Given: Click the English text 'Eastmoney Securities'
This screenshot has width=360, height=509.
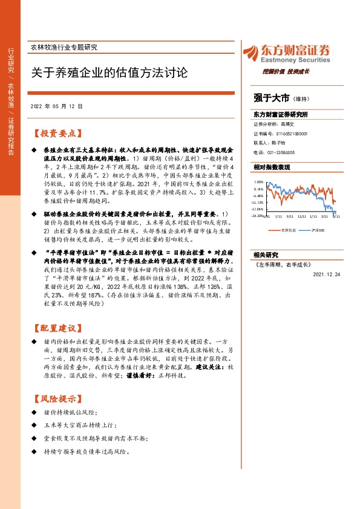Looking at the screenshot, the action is pos(295,60).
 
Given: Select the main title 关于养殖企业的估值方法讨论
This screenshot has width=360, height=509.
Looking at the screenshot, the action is pos(110,73).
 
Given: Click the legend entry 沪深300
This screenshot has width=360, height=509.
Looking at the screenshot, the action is pos(318,230).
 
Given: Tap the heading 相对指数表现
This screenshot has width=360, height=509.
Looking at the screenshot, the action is pos(272,166).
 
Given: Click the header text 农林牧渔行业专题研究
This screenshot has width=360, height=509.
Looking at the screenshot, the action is pos(63,47).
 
